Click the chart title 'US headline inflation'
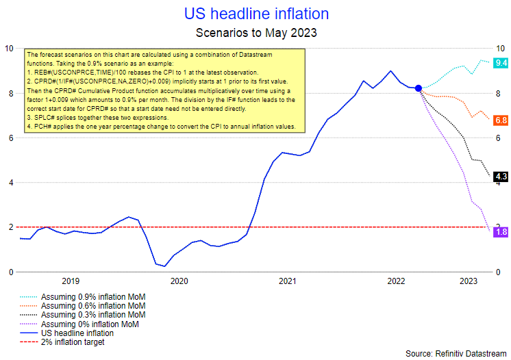(x=256, y=14)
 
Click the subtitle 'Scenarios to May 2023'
(x=256, y=32)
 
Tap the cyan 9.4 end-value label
(x=501, y=63)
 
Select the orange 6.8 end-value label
(x=501, y=120)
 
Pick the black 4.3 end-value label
(x=501, y=177)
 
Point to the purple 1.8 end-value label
(x=501, y=232)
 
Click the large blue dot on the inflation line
(x=419, y=88)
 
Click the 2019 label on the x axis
(x=71, y=281)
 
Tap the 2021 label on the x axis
(x=288, y=281)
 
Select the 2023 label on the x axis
(x=469, y=281)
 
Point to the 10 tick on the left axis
(x=10, y=49)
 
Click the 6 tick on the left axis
(x=10, y=138)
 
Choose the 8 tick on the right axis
(x=499, y=93)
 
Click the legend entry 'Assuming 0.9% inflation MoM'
(x=93, y=297)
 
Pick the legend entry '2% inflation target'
(x=73, y=342)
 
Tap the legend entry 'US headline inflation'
(x=77, y=333)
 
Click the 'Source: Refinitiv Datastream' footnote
(x=456, y=353)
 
